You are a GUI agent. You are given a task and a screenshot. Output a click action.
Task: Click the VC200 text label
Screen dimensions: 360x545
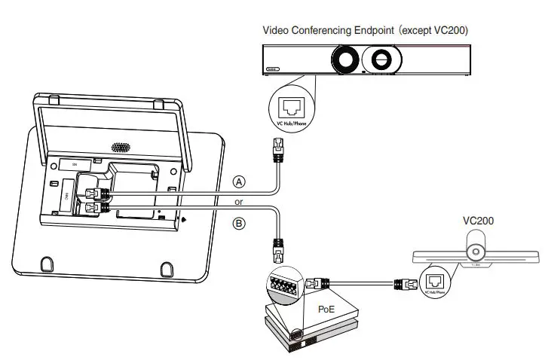click(x=479, y=222)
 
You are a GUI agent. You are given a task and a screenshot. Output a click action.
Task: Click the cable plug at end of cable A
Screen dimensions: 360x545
click(x=277, y=151)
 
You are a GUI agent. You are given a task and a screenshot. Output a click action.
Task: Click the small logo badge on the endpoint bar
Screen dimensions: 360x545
click(x=273, y=69)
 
